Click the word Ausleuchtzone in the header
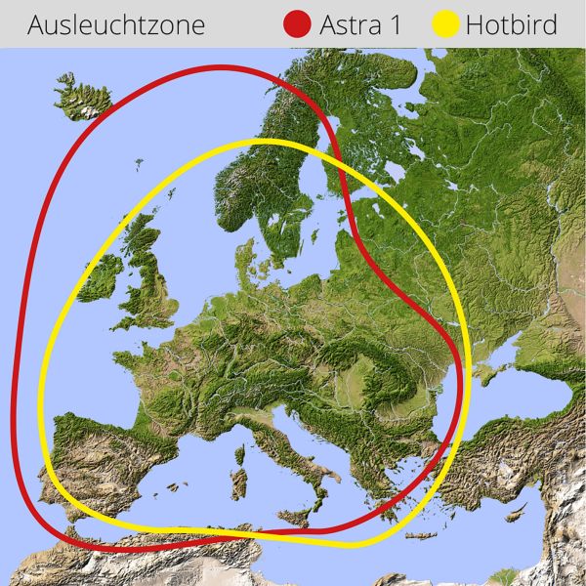pyautogui.click(x=116, y=24)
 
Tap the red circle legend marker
pyautogui.click(x=296, y=24)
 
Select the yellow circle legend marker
pyautogui.click(x=446, y=24)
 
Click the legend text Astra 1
pyautogui.click(x=360, y=24)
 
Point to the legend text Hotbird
pyautogui.click(x=512, y=24)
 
